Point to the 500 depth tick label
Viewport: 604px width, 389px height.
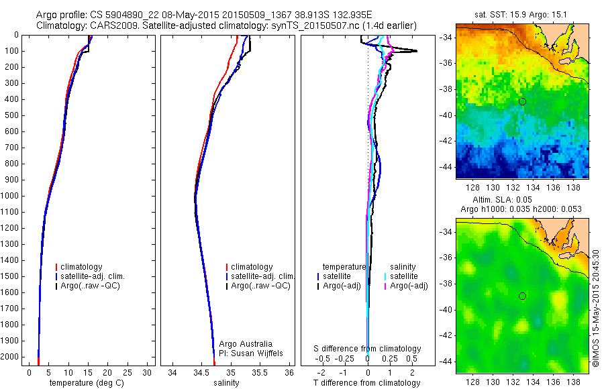tap(11, 115)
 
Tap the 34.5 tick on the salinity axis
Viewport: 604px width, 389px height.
tap(201, 372)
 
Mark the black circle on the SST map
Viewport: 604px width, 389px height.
tap(522, 101)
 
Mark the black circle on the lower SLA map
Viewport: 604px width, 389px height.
tap(522, 296)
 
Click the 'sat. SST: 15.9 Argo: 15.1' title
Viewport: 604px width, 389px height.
tap(522, 13)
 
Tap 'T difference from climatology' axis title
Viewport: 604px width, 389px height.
tap(368, 383)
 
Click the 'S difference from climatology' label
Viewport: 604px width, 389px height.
tap(368, 349)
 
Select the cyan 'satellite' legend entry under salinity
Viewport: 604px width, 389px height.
tap(405, 276)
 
